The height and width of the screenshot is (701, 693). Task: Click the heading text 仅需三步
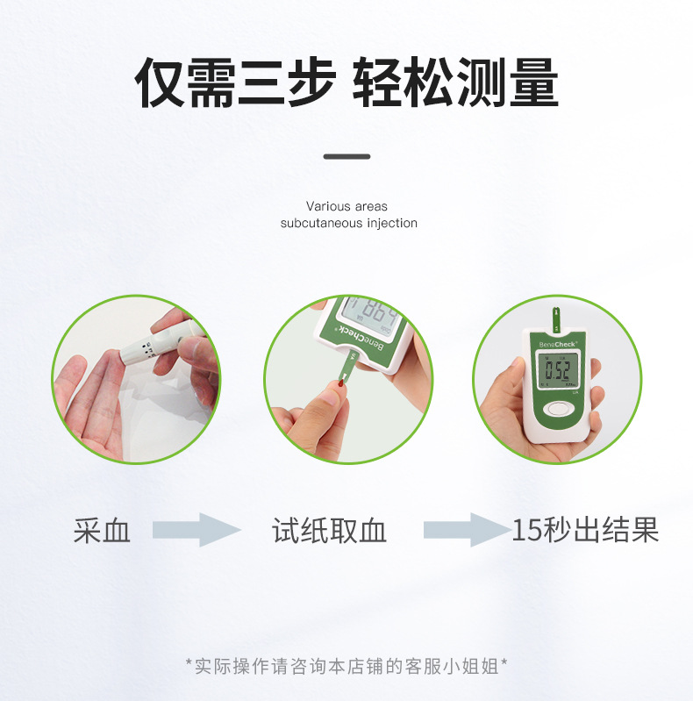(x=234, y=83)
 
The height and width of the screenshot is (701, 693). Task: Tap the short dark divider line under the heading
(x=346, y=157)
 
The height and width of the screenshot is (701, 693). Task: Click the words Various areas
(x=346, y=206)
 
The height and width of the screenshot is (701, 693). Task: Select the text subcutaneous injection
(x=348, y=223)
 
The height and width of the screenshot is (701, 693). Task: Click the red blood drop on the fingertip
(x=339, y=383)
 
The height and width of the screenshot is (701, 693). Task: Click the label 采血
(x=102, y=531)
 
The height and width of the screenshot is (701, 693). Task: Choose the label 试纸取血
(x=329, y=531)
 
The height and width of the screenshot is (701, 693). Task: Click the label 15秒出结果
(x=585, y=531)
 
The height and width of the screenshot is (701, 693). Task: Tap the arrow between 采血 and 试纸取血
(x=196, y=530)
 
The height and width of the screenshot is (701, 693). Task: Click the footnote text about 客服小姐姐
(x=346, y=665)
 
